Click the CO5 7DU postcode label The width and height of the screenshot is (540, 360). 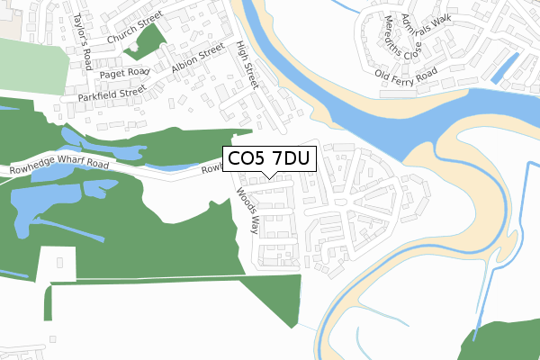[268, 160]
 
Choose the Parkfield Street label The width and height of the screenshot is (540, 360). [112, 92]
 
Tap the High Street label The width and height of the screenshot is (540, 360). [246, 65]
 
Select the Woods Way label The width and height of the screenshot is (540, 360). [247, 210]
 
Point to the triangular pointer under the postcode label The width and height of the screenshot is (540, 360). [268, 175]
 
